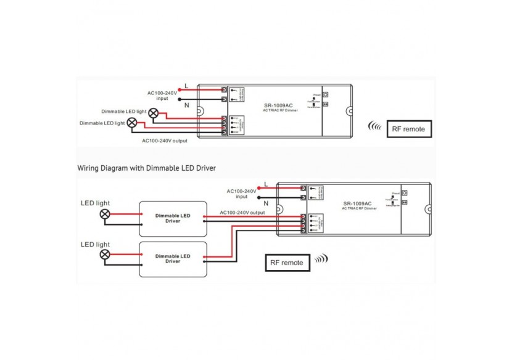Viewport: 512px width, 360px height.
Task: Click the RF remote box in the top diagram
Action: [409, 129]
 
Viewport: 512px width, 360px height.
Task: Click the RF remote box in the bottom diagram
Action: [287, 262]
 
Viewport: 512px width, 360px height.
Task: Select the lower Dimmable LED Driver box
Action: [173, 258]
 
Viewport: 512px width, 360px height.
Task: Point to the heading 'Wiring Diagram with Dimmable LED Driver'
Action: [147, 168]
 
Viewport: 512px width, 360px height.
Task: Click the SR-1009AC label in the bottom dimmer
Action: [358, 203]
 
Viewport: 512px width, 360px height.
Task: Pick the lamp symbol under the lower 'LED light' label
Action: [105, 254]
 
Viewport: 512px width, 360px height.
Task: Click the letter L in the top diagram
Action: [186, 85]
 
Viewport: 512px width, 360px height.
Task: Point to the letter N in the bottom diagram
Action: [266, 202]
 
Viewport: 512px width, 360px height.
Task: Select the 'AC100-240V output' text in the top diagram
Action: [165, 140]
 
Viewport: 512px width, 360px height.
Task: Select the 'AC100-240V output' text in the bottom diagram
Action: [242, 212]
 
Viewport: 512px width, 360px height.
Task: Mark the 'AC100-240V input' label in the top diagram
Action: [162, 96]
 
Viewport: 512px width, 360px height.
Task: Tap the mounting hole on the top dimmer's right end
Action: [349, 111]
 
